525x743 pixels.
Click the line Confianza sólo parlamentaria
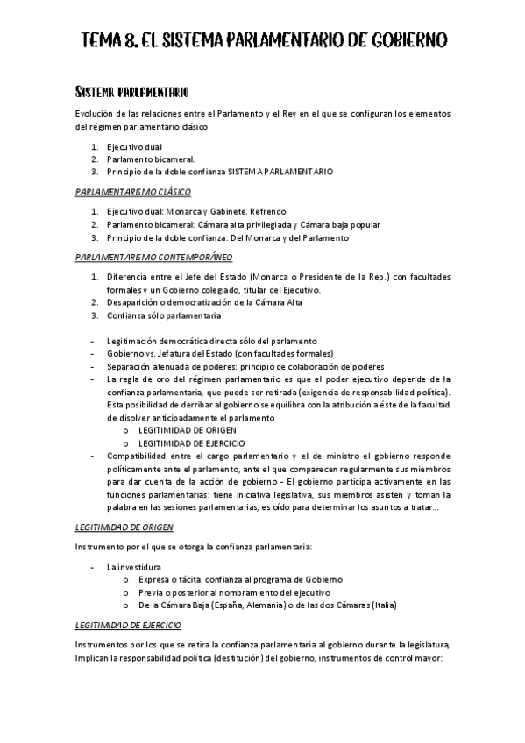pyautogui.click(x=164, y=315)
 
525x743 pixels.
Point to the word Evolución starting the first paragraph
pyautogui.click(x=97, y=112)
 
